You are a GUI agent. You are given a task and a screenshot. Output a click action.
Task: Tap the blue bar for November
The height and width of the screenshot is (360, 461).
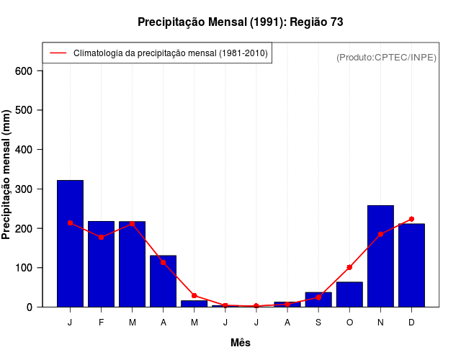380,256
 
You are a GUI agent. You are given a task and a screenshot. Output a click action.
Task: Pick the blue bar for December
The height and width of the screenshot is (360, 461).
411,266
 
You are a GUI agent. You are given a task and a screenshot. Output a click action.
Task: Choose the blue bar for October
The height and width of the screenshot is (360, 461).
349,294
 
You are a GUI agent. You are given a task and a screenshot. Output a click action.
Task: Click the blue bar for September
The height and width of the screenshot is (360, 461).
318,300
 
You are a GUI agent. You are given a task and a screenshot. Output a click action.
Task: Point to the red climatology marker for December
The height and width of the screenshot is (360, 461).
411,219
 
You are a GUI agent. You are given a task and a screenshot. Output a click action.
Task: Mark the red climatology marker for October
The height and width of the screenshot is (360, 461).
349,267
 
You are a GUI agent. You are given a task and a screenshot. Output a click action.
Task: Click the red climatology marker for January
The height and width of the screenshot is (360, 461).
70,223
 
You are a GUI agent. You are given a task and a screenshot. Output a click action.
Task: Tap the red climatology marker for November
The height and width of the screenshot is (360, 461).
380,234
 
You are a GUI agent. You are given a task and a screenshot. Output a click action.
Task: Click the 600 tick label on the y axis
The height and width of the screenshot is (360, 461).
24,71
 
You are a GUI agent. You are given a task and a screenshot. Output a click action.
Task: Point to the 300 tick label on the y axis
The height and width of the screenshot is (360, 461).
24,189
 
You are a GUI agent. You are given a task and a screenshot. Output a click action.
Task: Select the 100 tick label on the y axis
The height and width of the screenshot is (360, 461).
24,268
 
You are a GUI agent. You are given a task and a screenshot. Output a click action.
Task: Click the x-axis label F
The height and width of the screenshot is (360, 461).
101,323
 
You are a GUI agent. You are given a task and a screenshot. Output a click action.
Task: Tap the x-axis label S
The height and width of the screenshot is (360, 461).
318,323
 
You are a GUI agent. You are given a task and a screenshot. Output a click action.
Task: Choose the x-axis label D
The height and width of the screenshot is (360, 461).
411,323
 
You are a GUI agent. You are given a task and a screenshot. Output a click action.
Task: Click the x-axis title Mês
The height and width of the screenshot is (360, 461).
241,343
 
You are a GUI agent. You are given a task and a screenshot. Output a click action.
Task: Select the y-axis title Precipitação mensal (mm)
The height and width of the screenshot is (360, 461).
7,179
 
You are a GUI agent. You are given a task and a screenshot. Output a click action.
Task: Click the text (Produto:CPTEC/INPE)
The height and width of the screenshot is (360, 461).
386,57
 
